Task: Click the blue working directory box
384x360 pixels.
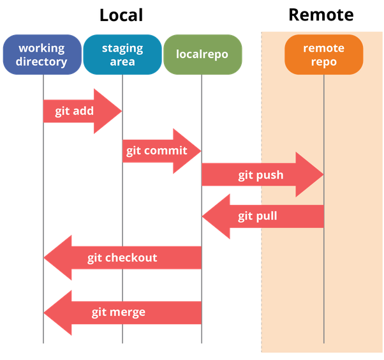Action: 42,55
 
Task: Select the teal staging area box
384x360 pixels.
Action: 122,55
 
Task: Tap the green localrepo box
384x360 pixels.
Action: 202,55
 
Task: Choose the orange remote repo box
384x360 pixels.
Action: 323,55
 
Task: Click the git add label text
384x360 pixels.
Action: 74,111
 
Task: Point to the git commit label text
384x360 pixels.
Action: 156,151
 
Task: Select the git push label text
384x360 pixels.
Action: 260,175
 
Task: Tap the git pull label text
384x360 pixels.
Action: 258,216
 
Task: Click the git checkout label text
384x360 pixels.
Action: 122,258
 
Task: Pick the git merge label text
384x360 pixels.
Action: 118,312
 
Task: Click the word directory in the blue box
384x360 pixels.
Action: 42,62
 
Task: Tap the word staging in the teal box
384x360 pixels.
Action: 122,49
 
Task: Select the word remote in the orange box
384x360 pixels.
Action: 323,49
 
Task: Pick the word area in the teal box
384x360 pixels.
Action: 122,62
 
